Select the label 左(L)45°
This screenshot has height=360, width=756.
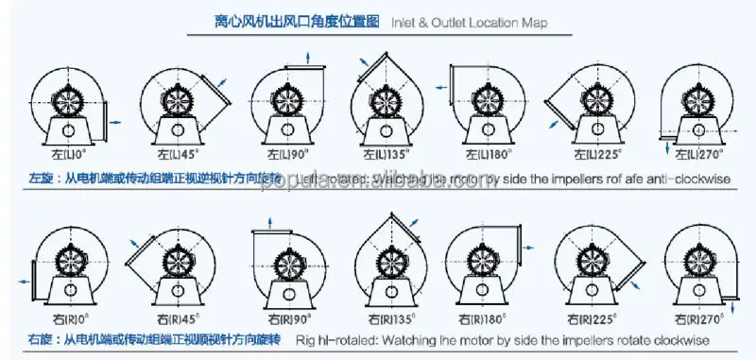coord(174,152)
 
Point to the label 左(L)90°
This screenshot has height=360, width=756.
coord(281,153)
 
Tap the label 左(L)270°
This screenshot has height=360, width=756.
coord(700,153)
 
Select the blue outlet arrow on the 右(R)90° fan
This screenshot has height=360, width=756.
coord(269,222)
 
